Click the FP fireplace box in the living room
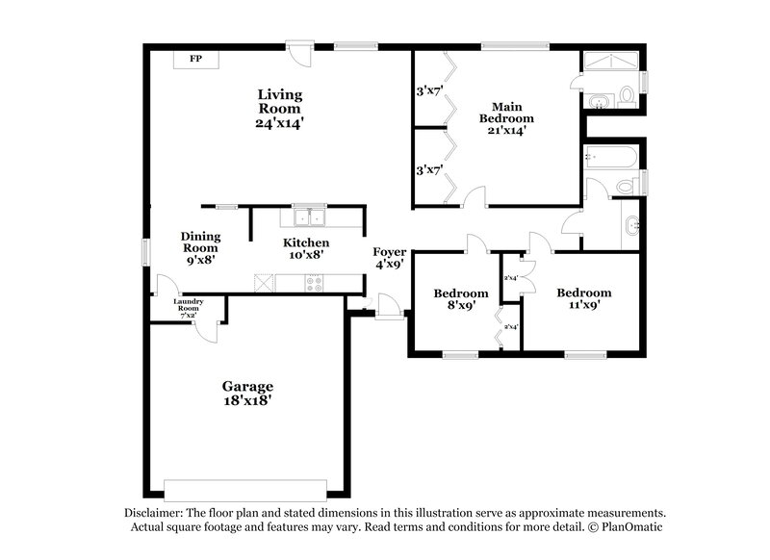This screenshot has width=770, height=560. [x=195, y=60]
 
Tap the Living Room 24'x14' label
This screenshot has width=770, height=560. [x=280, y=109]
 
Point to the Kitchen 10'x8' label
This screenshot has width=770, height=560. [x=306, y=248]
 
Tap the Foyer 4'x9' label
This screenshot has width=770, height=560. [x=390, y=258]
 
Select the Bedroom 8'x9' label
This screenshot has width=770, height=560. [x=454, y=300]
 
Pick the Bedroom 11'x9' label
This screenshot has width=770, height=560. [x=584, y=299]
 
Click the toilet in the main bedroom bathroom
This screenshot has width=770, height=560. [x=627, y=95]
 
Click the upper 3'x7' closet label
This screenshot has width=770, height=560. [x=428, y=92]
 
